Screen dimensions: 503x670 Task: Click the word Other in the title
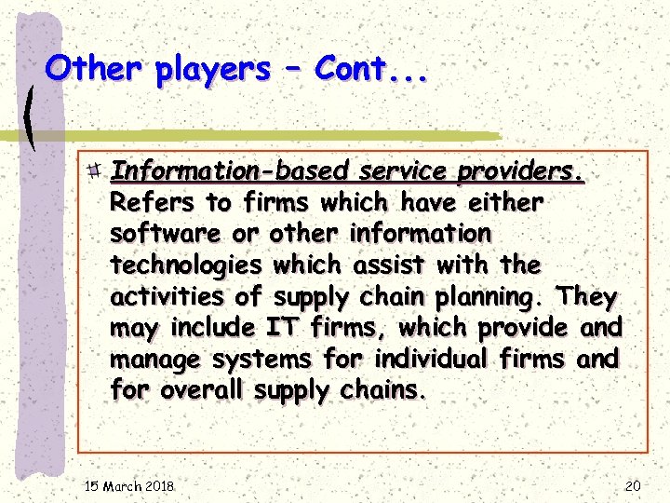(95, 68)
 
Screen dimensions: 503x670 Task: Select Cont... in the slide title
(371, 68)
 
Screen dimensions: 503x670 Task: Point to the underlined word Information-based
(229, 171)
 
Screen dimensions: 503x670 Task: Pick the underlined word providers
(521, 171)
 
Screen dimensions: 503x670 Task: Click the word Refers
(154, 202)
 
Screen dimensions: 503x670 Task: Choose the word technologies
(186, 265)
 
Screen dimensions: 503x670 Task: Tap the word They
(586, 297)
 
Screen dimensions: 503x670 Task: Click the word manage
(155, 360)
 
